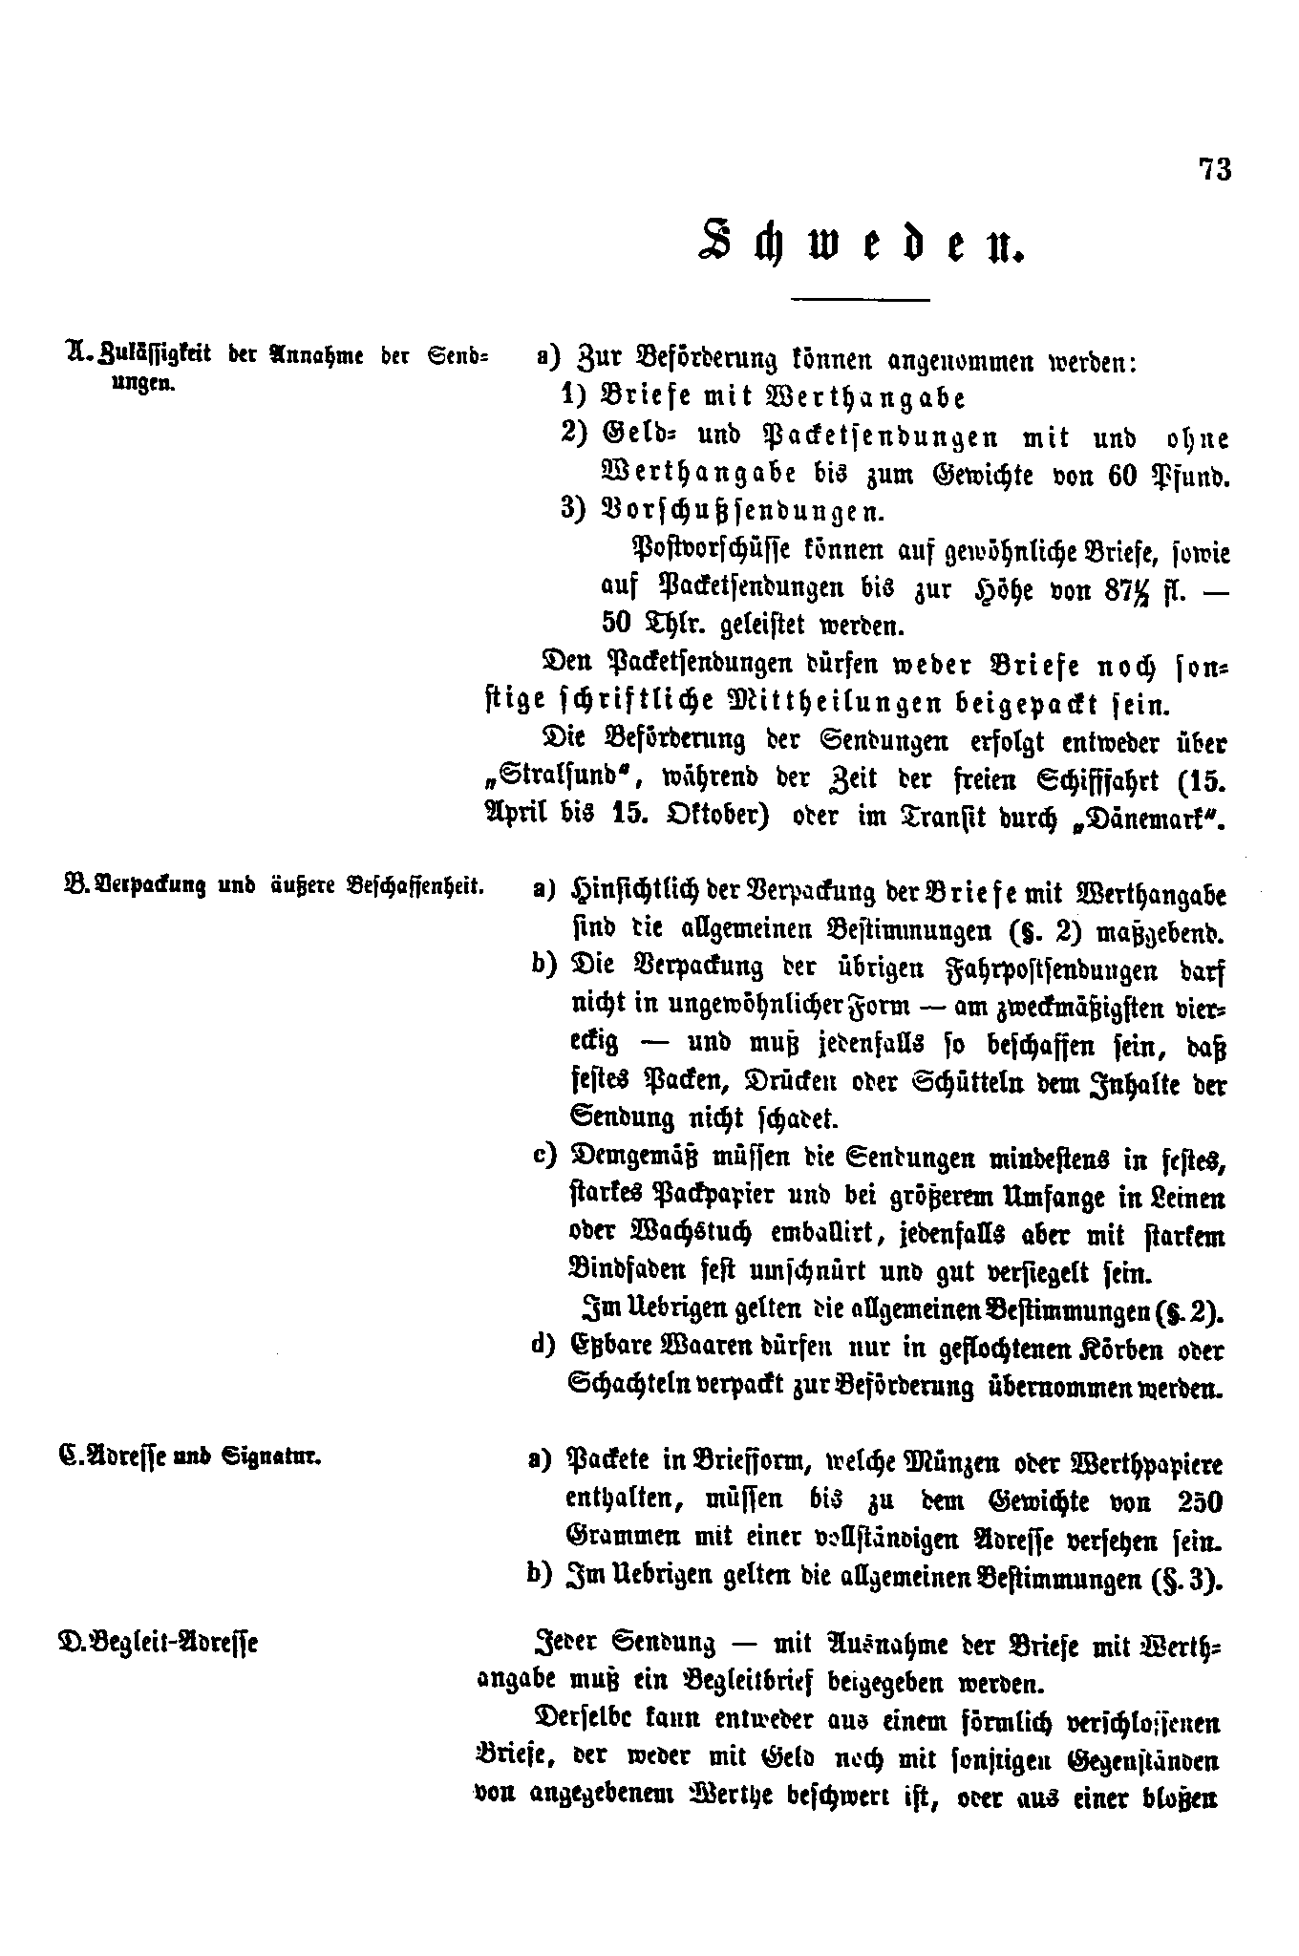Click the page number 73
1215,170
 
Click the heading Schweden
862,243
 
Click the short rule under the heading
861,301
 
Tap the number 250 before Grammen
1200,1502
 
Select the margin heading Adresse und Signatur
191,1457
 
